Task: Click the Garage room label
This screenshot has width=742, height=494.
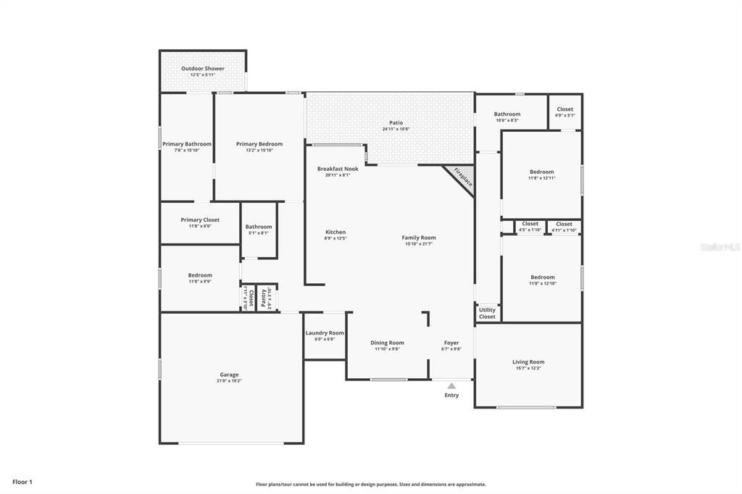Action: pyautogui.click(x=229, y=374)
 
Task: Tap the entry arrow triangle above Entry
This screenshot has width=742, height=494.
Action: pyautogui.click(x=451, y=386)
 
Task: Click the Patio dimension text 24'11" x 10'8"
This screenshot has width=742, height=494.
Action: pyautogui.click(x=396, y=129)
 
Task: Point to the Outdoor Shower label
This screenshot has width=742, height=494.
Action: pyautogui.click(x=203, y=69)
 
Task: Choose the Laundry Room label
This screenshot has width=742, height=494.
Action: pyautogui.click(x=325, y=333)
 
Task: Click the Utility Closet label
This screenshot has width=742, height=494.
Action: pyautogui.click(x=487, y=313)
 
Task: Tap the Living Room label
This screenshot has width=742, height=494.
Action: pyautogui.click(x=528, y=362)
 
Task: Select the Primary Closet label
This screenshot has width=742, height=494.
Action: pyautogui.click(x=200, y=220)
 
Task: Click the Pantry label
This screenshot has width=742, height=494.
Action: pyautogui.click(x=264, y=298)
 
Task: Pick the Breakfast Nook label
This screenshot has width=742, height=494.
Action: pyautogui.click(x=338, y=169)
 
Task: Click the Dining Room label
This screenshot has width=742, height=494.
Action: pyautogui.click(x=387, y=343)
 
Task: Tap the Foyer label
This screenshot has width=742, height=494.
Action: pyautogui.click(x=451, y=343)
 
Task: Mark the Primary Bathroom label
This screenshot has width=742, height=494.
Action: pyautogui.click(x=187, y=144)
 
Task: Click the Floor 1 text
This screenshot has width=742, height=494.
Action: pyautogui.click(x=22, y=482)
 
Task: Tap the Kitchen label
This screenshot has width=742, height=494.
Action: pyautogui.click(x=335, y=233)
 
